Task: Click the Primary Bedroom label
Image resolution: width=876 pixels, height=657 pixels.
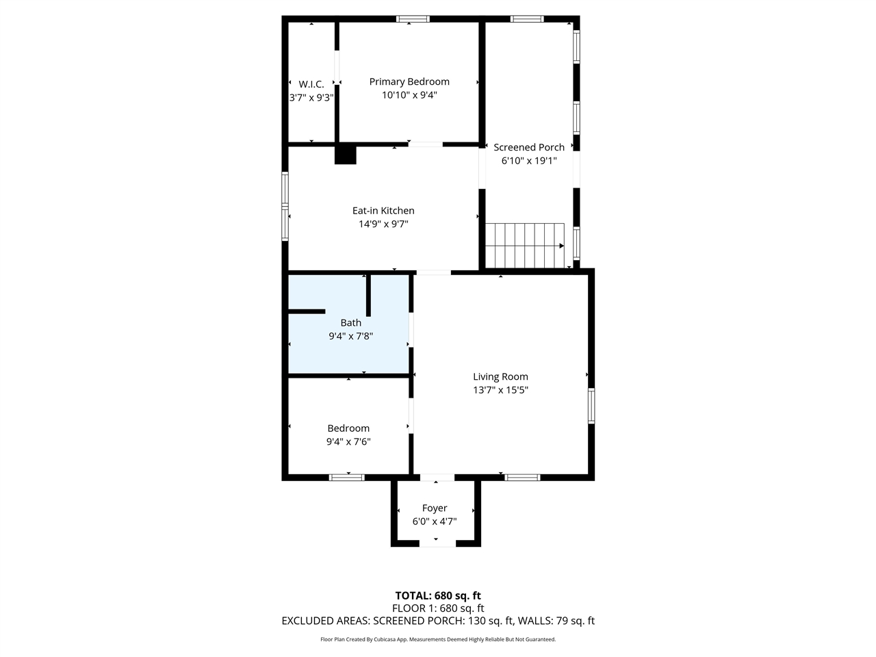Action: click(x=409, y=81)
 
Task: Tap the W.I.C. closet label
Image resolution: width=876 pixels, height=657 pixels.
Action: click(x=311, y=84)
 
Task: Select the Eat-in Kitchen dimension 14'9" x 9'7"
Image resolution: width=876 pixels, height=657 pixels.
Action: click(x=383, y=224)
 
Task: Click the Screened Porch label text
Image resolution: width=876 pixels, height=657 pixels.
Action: click(x=529, y=147)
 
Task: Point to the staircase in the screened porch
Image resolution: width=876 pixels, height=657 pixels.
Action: click(x=525, y=245)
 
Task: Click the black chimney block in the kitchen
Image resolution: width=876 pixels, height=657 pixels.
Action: click(x=346, y=155)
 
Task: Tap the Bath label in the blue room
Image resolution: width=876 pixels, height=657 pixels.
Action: click(x=351, y=322)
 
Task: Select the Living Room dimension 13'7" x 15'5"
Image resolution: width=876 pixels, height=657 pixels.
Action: click(x=500, y=390)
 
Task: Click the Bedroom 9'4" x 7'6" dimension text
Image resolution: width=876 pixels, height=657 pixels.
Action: click(x=348, y=441)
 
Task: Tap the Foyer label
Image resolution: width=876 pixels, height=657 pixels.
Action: click(x=435, y=508)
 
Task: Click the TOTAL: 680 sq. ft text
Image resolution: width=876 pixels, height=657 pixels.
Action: click(x=438, y=595)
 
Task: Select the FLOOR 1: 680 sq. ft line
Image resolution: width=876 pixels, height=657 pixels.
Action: click(x=438, y=608)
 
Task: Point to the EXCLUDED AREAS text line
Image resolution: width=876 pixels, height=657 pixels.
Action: click(x=438, y=621)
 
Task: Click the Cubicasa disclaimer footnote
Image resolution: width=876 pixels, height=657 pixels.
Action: click(x=438, y=639)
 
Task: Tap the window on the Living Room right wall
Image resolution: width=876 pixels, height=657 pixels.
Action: click(x=591, y=405)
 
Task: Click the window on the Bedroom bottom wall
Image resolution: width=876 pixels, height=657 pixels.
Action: click(x=346, y=477)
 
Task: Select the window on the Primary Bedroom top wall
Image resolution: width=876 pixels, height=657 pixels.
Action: click(x=413, y=18)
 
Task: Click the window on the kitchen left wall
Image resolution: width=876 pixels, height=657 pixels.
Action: click(x=285, y=205)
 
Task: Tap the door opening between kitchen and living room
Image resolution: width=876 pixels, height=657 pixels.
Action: click(x=433, y=272)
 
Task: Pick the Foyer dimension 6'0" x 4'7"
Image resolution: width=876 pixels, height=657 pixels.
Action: click(x=435, y=521)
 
